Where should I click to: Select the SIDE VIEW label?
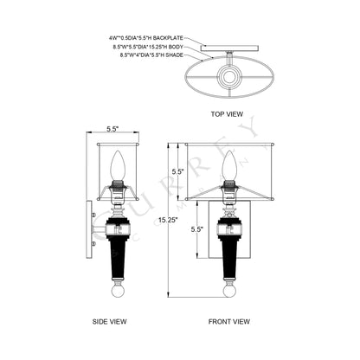pyautogui.click(x=111, y=320)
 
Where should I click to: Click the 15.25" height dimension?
pyautogui.click(x=167, y=220)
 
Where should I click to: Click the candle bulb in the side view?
pyautogui.click(x=118, y=164)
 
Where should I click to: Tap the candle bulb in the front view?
pyautogui.click(x=228, y=164)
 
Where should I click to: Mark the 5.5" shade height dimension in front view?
pyautogui.click(x=178, y=172)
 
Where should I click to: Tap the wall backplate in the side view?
pyautogui.click(x=90, y=228)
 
